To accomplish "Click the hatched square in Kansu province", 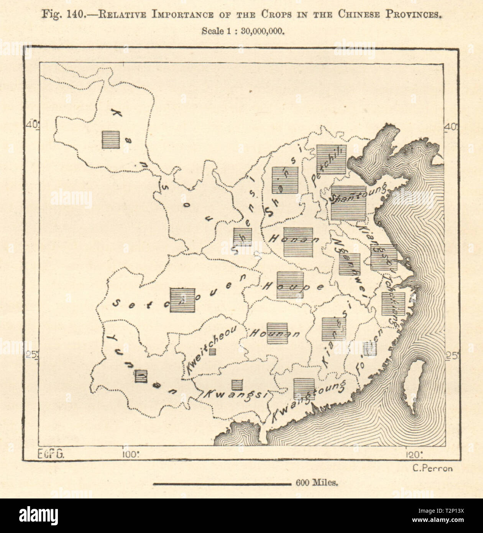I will [110, 140].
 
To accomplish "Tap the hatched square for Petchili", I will [332, 160].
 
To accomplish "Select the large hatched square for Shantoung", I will [348, 203].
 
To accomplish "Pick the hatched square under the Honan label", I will [298, 242].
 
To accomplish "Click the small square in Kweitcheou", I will [212, 351].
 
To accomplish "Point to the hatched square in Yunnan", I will [141, 376].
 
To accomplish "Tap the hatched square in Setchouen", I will [182, 300].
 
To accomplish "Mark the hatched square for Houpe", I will [290, 285].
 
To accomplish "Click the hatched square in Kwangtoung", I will [304, 389].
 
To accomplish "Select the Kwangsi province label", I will [235, 395].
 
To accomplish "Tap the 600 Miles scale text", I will [317, 484].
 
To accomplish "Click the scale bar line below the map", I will [222, 484].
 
